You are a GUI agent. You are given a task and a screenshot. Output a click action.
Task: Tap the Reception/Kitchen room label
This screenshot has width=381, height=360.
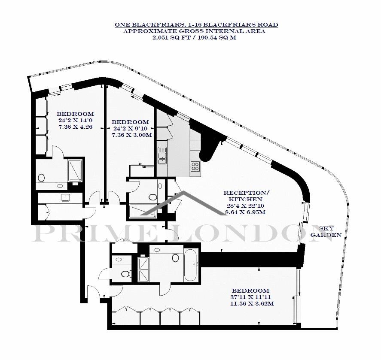pyautogui.click(x=247, y=196)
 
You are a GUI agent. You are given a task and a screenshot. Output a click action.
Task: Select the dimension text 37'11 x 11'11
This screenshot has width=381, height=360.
pyautogui.click(x=250, y=297)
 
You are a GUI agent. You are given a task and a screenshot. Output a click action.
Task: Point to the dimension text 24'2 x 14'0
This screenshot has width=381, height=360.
pyautogui.click(x=75, y=120)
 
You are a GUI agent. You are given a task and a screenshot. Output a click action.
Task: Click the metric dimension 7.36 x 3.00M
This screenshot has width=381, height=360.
pyautogui.click(x=132, y=135)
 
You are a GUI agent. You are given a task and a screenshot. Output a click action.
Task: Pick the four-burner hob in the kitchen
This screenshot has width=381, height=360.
pyautogui.click(x=195, y=166)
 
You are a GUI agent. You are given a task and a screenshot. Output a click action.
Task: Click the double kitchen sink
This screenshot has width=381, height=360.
pyautogui.click(x=162, y=155)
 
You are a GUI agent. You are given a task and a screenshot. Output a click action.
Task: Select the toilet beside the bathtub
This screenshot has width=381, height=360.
pyautogui.click(x=175, y=257)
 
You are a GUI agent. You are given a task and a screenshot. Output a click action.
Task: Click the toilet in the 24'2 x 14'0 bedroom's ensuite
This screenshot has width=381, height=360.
pyautogui.click(x=41, y=178)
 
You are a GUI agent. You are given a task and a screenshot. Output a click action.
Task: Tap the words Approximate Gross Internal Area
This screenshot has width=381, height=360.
pyautogui.click(x=194, y=31)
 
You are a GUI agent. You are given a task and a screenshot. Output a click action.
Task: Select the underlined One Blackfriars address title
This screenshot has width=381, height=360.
pyautogui.click(x=196, y=24)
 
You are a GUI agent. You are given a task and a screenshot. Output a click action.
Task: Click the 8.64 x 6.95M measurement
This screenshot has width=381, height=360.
pyautogui.click(x=245, y=212)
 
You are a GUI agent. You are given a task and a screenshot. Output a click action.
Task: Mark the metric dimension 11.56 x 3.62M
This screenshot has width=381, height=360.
pyautogui.click(x=253, y=303)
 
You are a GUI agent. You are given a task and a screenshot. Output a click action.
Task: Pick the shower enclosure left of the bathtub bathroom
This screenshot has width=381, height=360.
pyautogui.click(x=144, y=269)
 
